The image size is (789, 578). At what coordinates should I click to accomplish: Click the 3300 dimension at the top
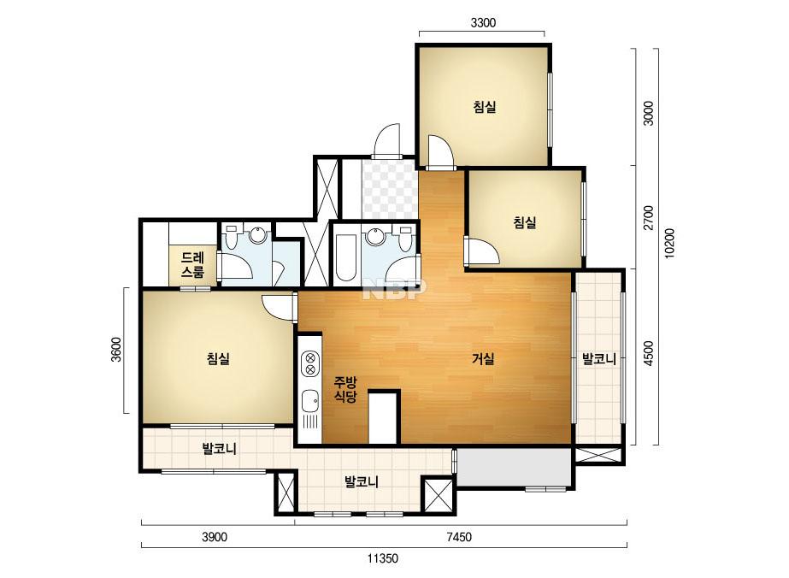483,22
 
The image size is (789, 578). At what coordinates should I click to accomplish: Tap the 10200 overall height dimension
669,243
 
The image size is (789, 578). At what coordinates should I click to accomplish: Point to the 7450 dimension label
459,537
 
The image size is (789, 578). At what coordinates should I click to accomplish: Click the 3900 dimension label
215,537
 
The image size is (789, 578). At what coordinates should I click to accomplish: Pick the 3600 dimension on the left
116,350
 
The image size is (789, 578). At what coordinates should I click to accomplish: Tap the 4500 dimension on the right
649,353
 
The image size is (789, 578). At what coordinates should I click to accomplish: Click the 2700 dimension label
649,217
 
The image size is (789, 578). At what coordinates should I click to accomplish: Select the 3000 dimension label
649,113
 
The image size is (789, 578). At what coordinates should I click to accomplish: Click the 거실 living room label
483,358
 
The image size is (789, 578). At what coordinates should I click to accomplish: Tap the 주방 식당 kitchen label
345,389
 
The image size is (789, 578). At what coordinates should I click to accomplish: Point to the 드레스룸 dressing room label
192,265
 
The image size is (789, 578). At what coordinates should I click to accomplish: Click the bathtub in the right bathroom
345,257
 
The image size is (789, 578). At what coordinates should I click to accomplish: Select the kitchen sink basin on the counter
309,402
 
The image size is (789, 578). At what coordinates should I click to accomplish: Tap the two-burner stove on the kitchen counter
310,364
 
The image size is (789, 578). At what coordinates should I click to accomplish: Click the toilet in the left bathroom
232,237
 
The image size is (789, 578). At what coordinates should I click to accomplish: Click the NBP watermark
395,290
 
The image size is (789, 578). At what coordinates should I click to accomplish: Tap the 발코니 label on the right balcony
598,359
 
